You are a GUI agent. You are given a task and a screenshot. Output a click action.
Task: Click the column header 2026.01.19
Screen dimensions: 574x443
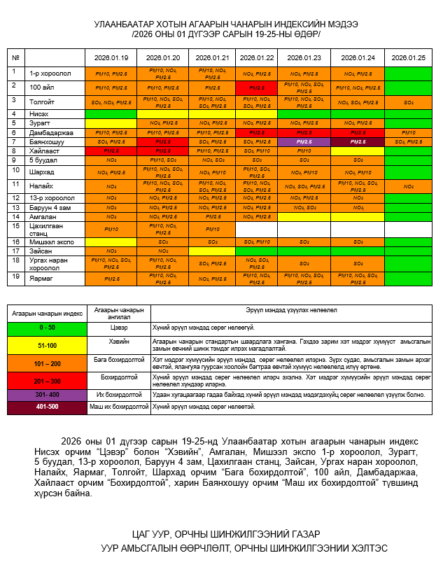point(112,58)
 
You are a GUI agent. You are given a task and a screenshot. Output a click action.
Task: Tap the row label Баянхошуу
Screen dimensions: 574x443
point(48,142)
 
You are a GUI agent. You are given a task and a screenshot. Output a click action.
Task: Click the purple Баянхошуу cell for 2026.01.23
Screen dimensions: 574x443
point(304,142)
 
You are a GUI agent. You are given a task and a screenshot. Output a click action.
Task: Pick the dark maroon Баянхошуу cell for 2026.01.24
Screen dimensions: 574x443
point(357,142)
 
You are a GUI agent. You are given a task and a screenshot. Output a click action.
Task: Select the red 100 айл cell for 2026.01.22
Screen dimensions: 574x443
point(256,87)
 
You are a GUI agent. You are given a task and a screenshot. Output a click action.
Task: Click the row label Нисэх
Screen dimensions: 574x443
point(40,113)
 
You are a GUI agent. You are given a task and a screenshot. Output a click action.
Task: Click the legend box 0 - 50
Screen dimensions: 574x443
point(47,327)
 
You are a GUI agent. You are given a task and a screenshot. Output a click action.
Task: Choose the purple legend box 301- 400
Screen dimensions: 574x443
point(47,395)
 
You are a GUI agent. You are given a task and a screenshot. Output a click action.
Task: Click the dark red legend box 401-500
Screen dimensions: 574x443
point(47,407)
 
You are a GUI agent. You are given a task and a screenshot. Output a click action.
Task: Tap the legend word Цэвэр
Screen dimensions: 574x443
point(118,327)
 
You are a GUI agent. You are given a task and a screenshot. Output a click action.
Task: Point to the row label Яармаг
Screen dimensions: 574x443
point(42,278)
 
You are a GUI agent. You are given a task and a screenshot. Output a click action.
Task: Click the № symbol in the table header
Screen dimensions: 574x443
point(15,58)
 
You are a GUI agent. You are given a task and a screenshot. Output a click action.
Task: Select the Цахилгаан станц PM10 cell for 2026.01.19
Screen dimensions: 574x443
point(112,229)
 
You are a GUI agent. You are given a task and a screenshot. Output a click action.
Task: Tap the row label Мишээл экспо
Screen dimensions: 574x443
point(50,241)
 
